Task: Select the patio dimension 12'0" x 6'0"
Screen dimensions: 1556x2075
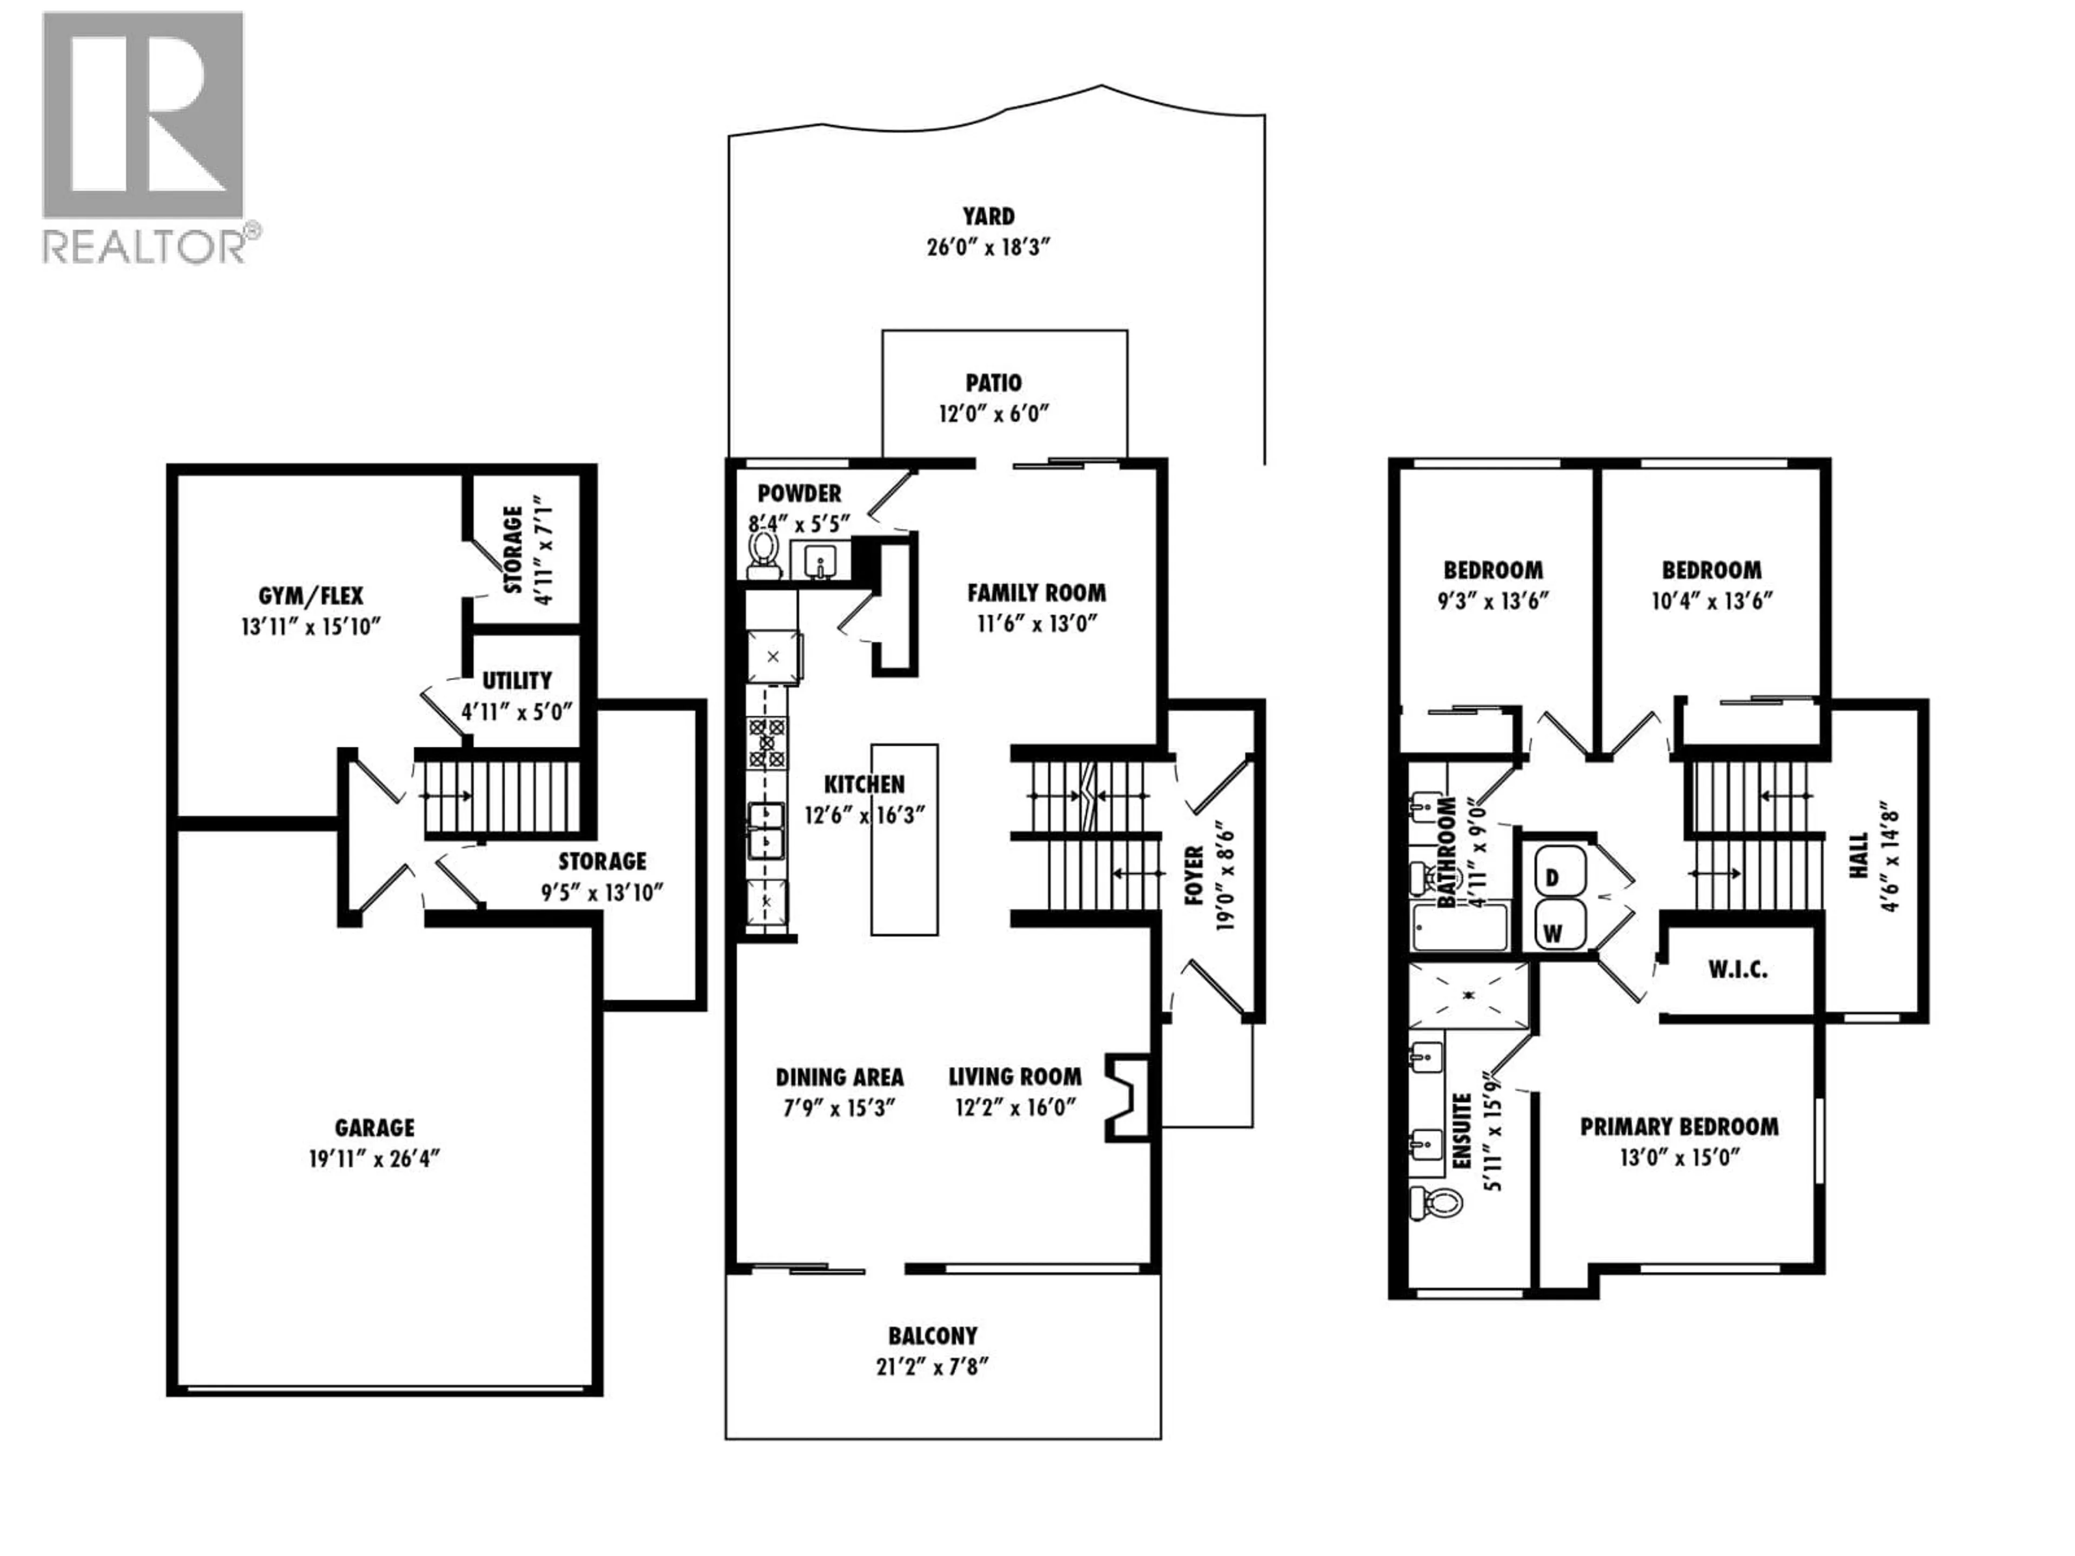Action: tap(993, 414)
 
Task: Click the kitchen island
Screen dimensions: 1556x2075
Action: tap(904, 840)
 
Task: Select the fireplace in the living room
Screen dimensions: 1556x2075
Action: tap(1126, 1097)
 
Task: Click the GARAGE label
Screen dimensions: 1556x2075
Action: tap(374, 1128)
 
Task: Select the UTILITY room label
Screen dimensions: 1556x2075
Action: tap(517, 680)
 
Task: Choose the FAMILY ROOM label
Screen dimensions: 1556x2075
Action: tap(1036, 593)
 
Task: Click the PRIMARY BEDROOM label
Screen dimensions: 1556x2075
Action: tap(1678, 1126)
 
